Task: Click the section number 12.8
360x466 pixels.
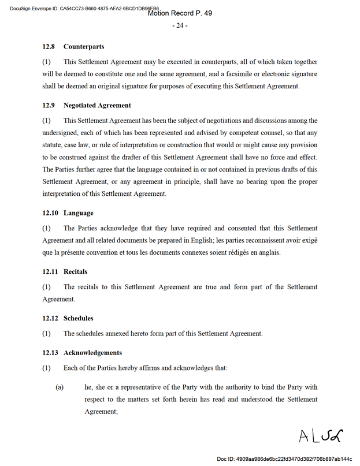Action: (x=49, y=46)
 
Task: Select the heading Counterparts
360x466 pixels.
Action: (x=84, y=46)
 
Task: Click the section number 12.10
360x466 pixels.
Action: (x=50, y=213)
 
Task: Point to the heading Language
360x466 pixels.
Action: (x=79, y=213)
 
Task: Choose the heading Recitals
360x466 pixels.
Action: (x=76, y=271)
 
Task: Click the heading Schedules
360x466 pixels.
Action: (x=79, y=318)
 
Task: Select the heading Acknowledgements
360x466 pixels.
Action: (x=92, y=352)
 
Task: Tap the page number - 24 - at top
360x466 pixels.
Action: (x=180, y=25)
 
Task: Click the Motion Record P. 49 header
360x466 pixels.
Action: (x=180, y=13)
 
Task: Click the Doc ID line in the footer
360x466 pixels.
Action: (x=284, y=458)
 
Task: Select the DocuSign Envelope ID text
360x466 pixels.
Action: (x=81, y=8)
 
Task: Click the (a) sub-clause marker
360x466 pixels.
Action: (x=59, y=387)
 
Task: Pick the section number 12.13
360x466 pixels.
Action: (x=50, y=352)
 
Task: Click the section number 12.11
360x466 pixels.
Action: (x=50, y=271)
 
